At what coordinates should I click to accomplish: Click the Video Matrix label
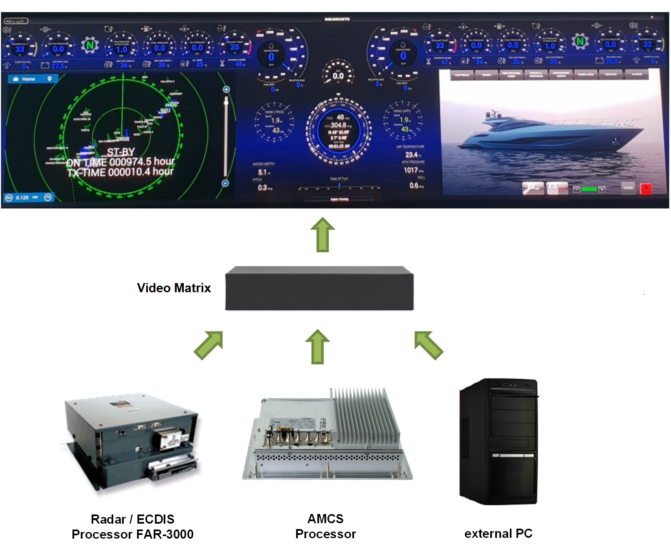pyautogui.click(x=174, y=288)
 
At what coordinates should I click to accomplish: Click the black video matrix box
pyautogui.click(x=319, y=289)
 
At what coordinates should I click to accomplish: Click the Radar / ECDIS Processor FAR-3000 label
pyautogui.click(x=132, y=527)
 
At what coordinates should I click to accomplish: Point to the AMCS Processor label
pyautogui.click(x=325, y=526)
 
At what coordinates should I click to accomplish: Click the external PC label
pyautogui.click(x=498, y=533)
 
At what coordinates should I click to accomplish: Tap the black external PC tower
pyautogui.click(x=498, y=442)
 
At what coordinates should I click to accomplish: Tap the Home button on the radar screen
pyautogui.click(x=25, y=79)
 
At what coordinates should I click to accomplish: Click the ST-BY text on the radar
pyautogui.click(x=121, y=152)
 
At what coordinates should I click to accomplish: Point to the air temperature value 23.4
pyautogui.click(x=412, y=155)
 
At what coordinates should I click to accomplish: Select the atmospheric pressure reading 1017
pyautogui.click(x=411, y=170)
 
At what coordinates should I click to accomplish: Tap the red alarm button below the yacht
pyautogui.click(x=646, y=188)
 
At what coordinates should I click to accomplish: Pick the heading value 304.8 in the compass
pyautogui.click(x=338, y=125)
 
